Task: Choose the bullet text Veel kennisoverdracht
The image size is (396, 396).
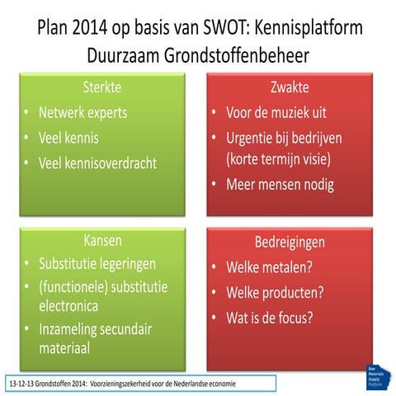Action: tap(97, 163)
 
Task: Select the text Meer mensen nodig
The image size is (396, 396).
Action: tap(280, 183)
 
